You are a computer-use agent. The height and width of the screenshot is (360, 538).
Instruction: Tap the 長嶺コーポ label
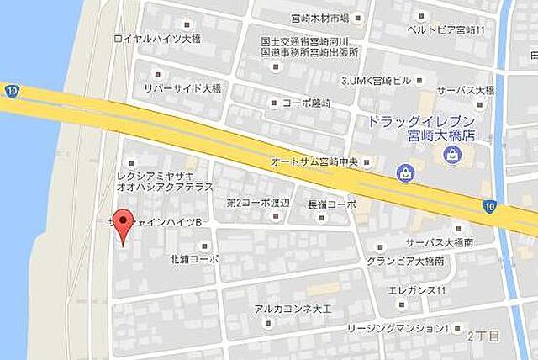[x=332, y=204]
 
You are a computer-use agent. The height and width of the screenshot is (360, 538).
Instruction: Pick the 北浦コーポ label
[x=193, y=258]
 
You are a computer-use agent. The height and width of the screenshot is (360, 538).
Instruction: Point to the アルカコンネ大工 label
[x=293, y=309]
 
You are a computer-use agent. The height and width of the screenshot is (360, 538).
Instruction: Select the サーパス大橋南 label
[x=438, y=241]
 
